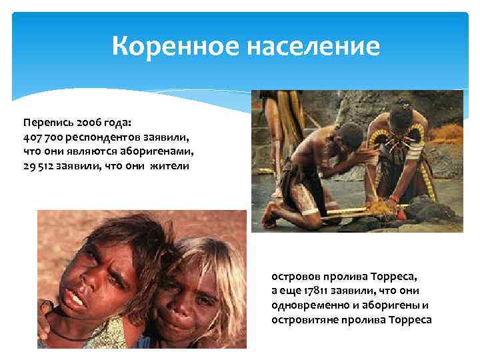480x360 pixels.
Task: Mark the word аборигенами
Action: point(160,151)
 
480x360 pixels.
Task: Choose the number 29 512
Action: point(41,165)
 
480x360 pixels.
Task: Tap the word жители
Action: point(169,165)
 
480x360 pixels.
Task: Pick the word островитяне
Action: point(303,319)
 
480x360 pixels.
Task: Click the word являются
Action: point(95,151)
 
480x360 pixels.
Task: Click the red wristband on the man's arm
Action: point(395,198)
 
